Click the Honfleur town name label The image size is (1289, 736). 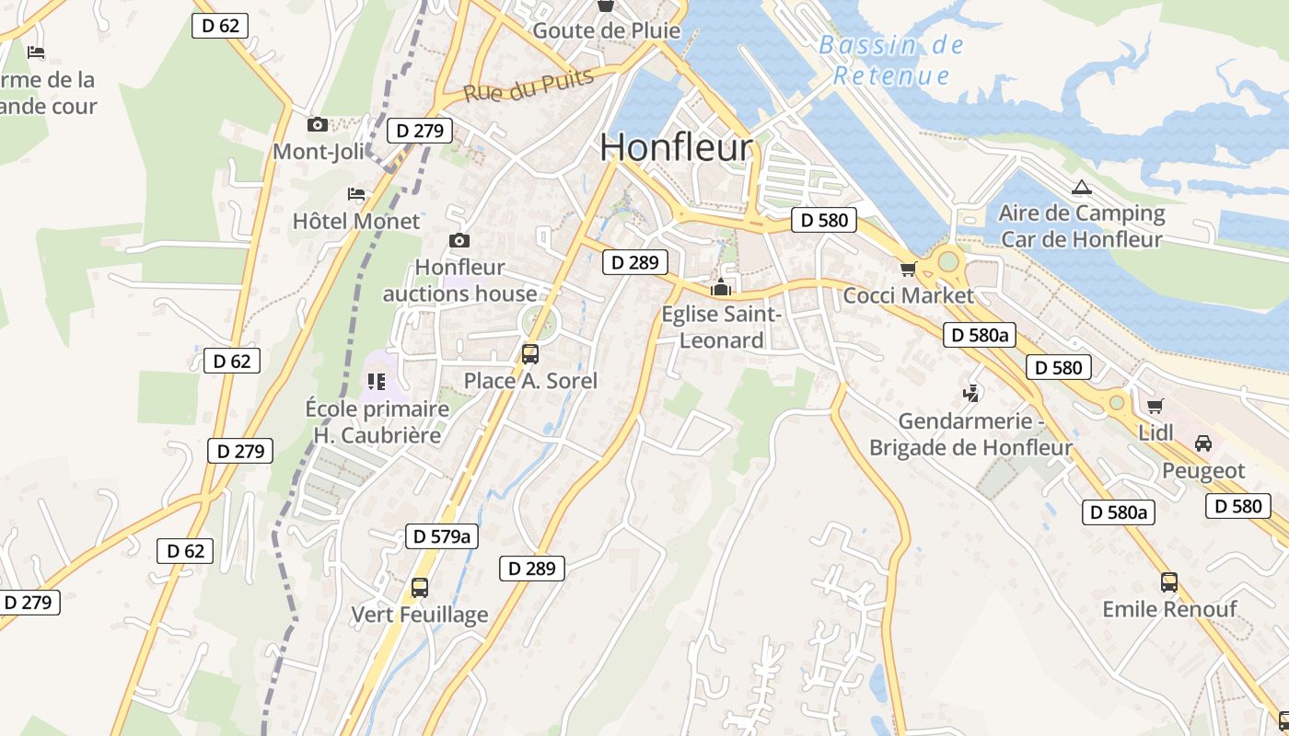[676, 147]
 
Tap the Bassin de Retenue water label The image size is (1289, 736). [891, 60]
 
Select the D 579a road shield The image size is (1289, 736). [442, 536]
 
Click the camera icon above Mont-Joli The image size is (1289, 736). [318, 124]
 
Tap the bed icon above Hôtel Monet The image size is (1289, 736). [356, 194]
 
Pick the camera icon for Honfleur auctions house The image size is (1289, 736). [459, 241]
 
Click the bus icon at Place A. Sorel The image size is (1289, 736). [529, 353]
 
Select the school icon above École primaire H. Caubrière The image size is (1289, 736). [376, 381]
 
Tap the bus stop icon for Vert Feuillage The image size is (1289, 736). [420, 587]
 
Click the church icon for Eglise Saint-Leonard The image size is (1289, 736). [721, 287]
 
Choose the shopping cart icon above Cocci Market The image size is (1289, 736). [909, 269]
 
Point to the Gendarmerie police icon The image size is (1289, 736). [970, 394]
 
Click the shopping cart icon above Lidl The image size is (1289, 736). [1155, 406]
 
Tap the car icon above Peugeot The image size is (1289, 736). [1202, 443]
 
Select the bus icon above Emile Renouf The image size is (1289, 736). [1169, 581]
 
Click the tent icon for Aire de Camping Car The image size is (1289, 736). [1082, 188]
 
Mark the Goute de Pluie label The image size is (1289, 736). [607, 30]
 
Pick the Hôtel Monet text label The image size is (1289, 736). [355, 221]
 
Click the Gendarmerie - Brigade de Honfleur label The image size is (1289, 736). [970, 434]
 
